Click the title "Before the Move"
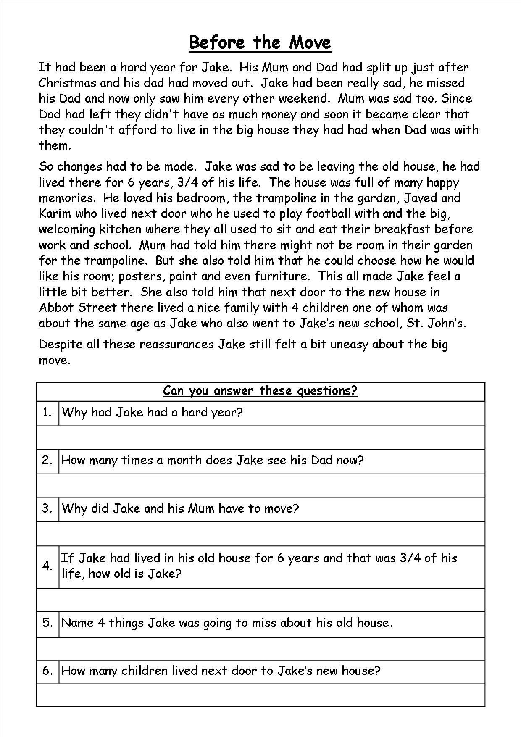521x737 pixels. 260,42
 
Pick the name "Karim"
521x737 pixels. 55,213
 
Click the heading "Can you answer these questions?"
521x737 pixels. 260,391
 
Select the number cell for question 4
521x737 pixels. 47,566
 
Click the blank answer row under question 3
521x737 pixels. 260,534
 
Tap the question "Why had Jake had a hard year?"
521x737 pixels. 152,412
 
